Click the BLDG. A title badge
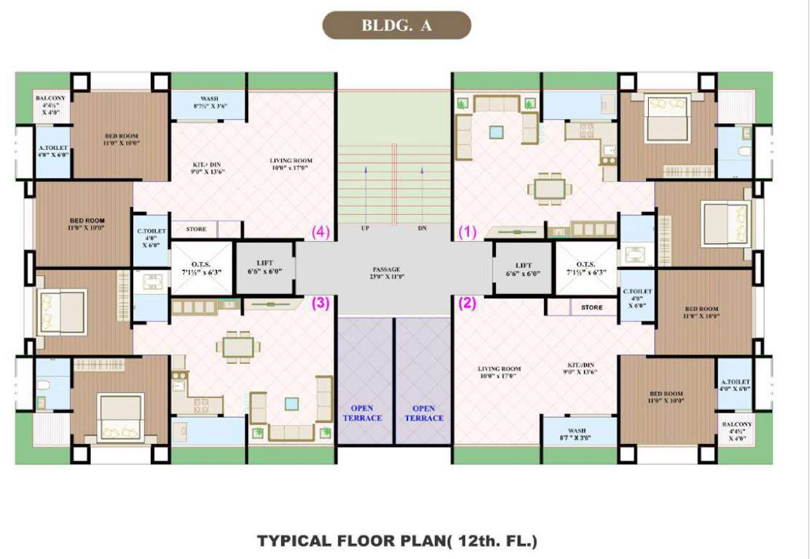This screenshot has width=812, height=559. click(397, 25)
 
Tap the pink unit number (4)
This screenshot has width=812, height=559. click(321, 232)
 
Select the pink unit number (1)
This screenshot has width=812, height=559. click(467, 232)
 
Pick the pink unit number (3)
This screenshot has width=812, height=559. click(321, 303)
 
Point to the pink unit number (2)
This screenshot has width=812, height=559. click(467, 303)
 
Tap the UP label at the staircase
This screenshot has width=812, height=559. click(365, 229)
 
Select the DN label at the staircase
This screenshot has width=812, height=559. click(422, 229)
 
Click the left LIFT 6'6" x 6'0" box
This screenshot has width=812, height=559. click(265, 268)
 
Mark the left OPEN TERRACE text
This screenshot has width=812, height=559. click(366, 413)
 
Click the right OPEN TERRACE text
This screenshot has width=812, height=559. click(423, 413)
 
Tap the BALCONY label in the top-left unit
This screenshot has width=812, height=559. click(50, 98)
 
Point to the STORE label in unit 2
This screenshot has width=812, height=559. click(592, 307)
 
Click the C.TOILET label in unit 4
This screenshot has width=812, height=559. click(152, 238)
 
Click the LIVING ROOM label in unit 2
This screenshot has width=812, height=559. click(499, 373)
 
